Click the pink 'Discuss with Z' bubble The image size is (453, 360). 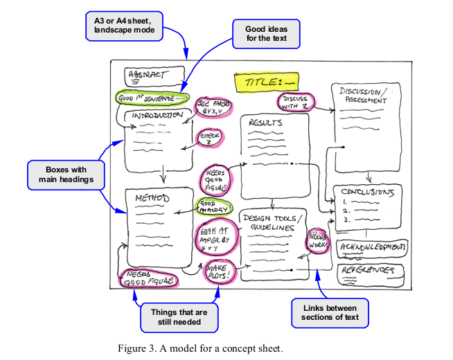[x=296, y=102]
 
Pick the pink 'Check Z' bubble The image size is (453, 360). [x=210, y=138]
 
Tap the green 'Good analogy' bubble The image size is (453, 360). [x=214, y=206]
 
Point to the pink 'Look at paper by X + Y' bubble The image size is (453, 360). [x=217, y=236]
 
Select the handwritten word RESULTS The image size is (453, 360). [x=265, y=123]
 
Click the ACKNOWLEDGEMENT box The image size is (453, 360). [x=373, y=246]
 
